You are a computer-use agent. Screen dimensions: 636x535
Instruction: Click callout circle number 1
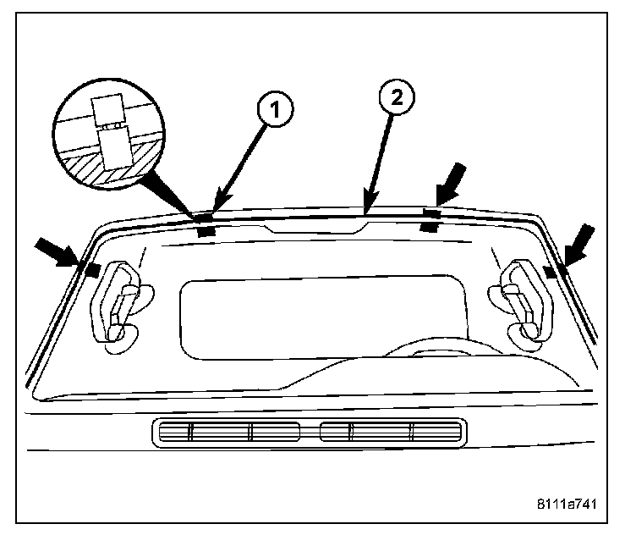click(273, 109)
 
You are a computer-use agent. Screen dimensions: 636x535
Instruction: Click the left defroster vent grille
click(229, 432)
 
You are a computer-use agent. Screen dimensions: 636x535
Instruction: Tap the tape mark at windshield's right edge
click(551, 271)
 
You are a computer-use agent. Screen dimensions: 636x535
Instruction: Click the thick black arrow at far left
click(57, 251)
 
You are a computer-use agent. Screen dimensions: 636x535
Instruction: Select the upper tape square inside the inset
click(107, 110)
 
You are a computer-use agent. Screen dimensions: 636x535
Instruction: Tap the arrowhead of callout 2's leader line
click(365, 208)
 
